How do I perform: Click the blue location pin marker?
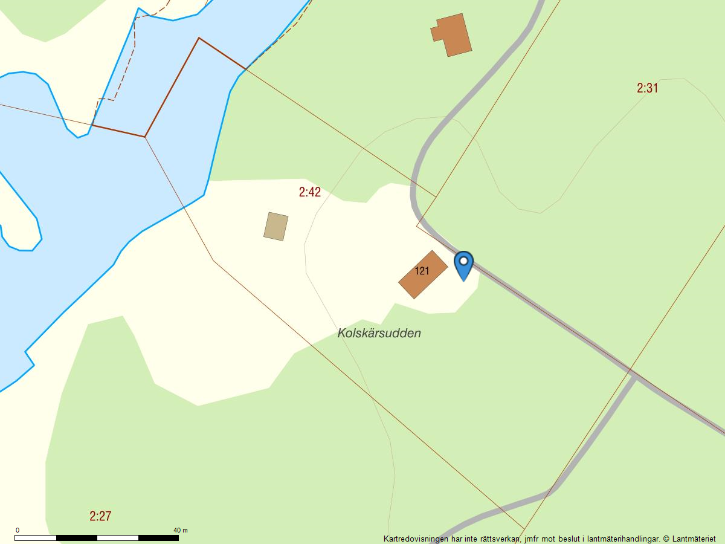463,265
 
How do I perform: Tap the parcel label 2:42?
310,192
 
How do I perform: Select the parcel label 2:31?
647,88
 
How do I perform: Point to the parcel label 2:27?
100,516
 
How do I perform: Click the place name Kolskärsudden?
379,333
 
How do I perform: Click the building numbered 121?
423,274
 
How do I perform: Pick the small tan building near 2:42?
275,226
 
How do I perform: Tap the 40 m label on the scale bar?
180,530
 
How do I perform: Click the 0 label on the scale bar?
17,530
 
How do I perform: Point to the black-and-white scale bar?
97,537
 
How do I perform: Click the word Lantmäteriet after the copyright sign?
694,539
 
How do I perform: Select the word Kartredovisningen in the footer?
416,539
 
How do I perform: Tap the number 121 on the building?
422,271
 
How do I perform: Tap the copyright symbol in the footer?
666,539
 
